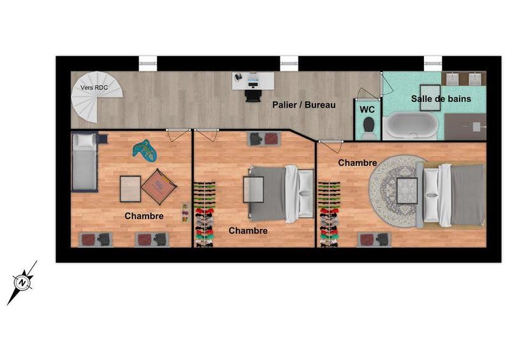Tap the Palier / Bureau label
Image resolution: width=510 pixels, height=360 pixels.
[x=303, y=104]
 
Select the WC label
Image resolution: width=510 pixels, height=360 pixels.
[x=367, y=109]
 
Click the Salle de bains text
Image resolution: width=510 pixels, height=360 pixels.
[x=441, y=99]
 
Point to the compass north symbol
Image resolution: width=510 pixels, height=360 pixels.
[x=23, y=281]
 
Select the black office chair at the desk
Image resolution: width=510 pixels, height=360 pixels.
[x=253, y=95]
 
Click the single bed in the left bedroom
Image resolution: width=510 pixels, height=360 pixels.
[x=84, y=162]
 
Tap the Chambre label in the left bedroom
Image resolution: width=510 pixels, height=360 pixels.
[x=144, y=216]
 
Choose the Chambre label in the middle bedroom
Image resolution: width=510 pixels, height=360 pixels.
[x=247, y=231]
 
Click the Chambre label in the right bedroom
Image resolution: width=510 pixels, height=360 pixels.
[x=358, y=163]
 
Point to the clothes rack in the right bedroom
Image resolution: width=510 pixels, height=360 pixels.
[x=328, y=215]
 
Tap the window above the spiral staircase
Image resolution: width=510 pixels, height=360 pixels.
[x=147, y=63]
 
